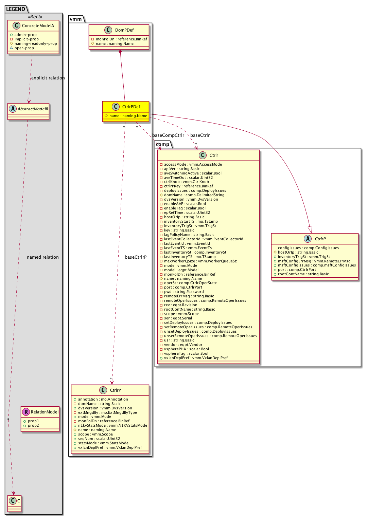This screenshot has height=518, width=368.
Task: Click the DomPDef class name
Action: tap(124, 30)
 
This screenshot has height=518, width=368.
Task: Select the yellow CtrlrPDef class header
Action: tap(126, 107)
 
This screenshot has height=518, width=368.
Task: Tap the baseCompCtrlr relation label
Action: tap(168, 135)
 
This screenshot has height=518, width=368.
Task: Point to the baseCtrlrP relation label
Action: tap(136, 257)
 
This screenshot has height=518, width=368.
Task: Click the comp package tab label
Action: tap(163, 145)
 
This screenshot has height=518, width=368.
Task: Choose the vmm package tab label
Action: tap(75, 19)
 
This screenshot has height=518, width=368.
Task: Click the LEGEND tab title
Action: tap(16, 9)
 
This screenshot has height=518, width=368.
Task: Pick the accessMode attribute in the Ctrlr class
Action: tap(193, 165)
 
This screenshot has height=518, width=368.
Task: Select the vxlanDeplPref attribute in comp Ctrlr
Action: tap(196, 358)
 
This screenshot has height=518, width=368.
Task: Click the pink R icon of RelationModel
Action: tap(26, 412)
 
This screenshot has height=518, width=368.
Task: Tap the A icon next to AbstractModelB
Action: tap(13, 109)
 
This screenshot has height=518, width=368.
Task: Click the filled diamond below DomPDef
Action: tap(120, 52)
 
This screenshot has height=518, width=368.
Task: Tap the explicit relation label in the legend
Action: tap(48, 78)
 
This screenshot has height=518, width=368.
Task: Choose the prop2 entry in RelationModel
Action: tap(33, 426)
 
